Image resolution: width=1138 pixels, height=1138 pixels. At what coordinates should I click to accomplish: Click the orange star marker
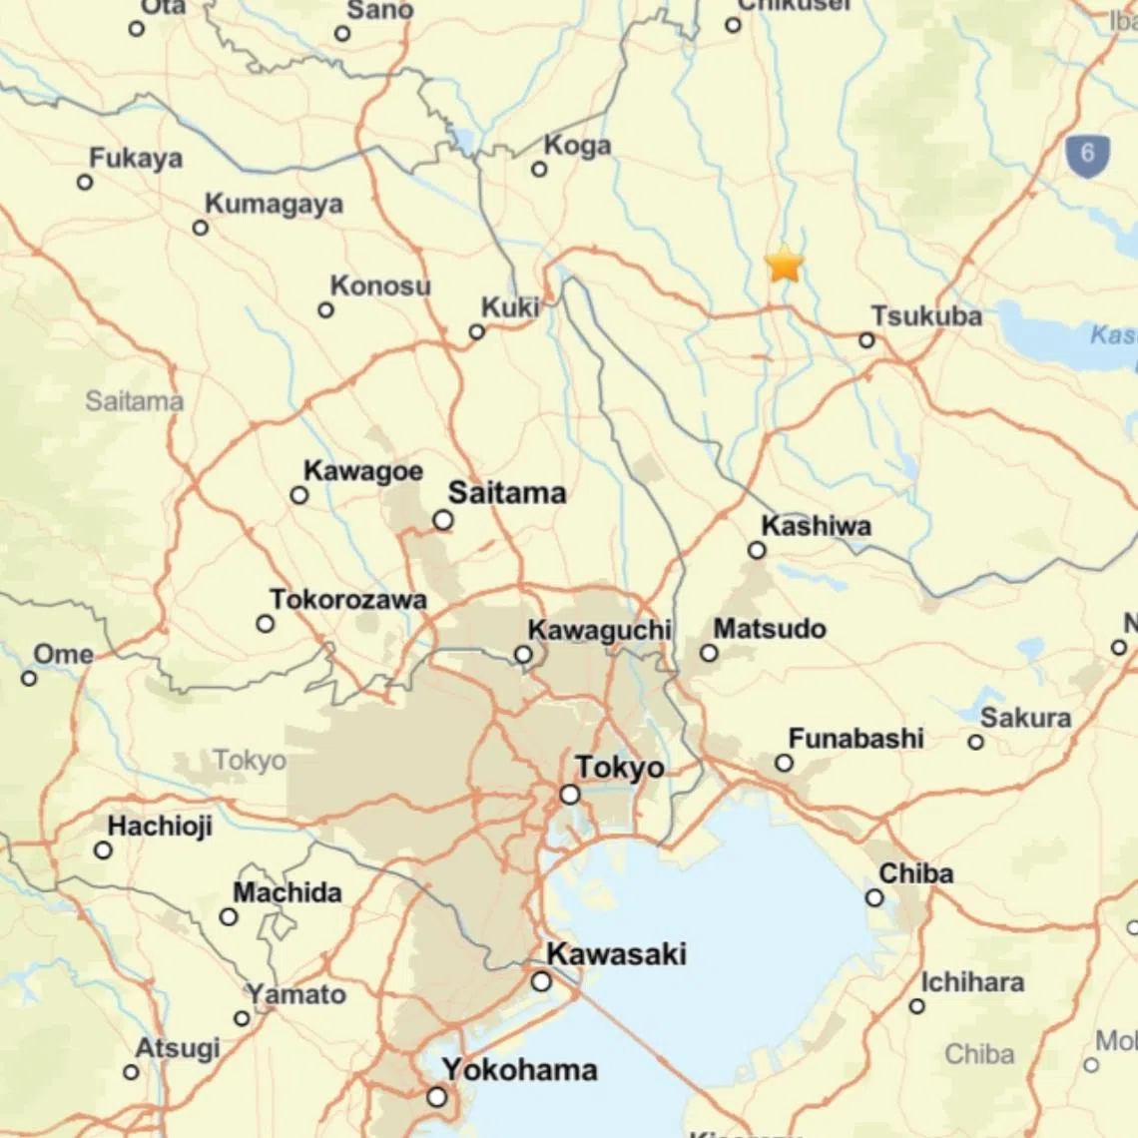pos(784,265)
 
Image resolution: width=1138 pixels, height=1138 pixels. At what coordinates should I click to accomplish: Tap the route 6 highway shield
pos(1087,154)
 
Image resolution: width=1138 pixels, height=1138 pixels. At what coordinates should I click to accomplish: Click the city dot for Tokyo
pos(570,795)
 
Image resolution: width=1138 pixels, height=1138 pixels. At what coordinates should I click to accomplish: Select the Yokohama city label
pos(520,1070)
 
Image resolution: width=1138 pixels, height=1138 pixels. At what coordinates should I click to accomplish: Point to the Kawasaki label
pos(616,953)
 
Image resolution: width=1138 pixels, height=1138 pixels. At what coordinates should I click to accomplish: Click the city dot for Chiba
pos(874,897)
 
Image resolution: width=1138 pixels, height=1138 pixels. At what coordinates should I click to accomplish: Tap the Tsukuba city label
pos(926,316)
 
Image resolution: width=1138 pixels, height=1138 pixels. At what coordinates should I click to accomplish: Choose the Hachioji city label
pos(160,827)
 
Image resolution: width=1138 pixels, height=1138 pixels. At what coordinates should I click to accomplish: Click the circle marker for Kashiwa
pos(757,550)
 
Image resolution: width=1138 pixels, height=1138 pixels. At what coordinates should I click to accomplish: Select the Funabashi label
pos(855,739)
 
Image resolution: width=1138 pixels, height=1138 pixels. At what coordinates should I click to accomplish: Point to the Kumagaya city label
pos(274,204)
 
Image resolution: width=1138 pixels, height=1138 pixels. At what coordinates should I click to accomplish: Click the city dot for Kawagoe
pos(298,495)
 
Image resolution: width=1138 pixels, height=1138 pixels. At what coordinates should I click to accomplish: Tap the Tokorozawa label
pos(347,600)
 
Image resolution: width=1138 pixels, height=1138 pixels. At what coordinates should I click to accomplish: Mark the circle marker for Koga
pos(539,170)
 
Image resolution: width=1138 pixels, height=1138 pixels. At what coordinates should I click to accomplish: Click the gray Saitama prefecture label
pos(134,401)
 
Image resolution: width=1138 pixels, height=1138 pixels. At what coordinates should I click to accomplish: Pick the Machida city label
pos(287,892)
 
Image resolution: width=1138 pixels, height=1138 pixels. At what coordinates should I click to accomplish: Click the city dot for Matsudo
pos(709,653)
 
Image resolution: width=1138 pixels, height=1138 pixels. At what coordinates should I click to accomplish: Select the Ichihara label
pos(971,982)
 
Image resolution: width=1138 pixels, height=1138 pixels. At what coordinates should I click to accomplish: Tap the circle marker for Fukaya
pos(85,182)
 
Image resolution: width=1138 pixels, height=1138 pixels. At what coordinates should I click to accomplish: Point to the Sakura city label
pos(1025,718)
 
